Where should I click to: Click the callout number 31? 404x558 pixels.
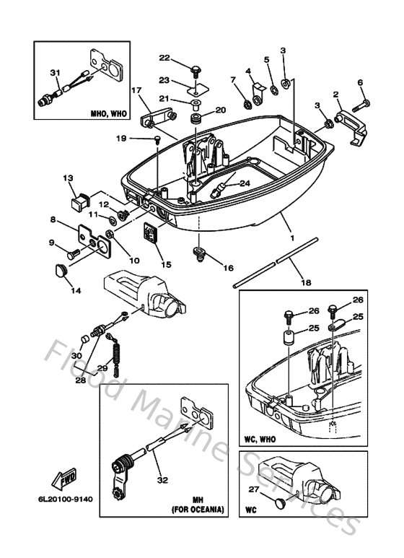point(53,71)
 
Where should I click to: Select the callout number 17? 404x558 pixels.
point(135,90)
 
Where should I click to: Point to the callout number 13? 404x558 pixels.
point(68,178)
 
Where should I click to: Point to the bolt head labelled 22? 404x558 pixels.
point(196,69)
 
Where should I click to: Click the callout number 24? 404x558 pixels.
point(245,183)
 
